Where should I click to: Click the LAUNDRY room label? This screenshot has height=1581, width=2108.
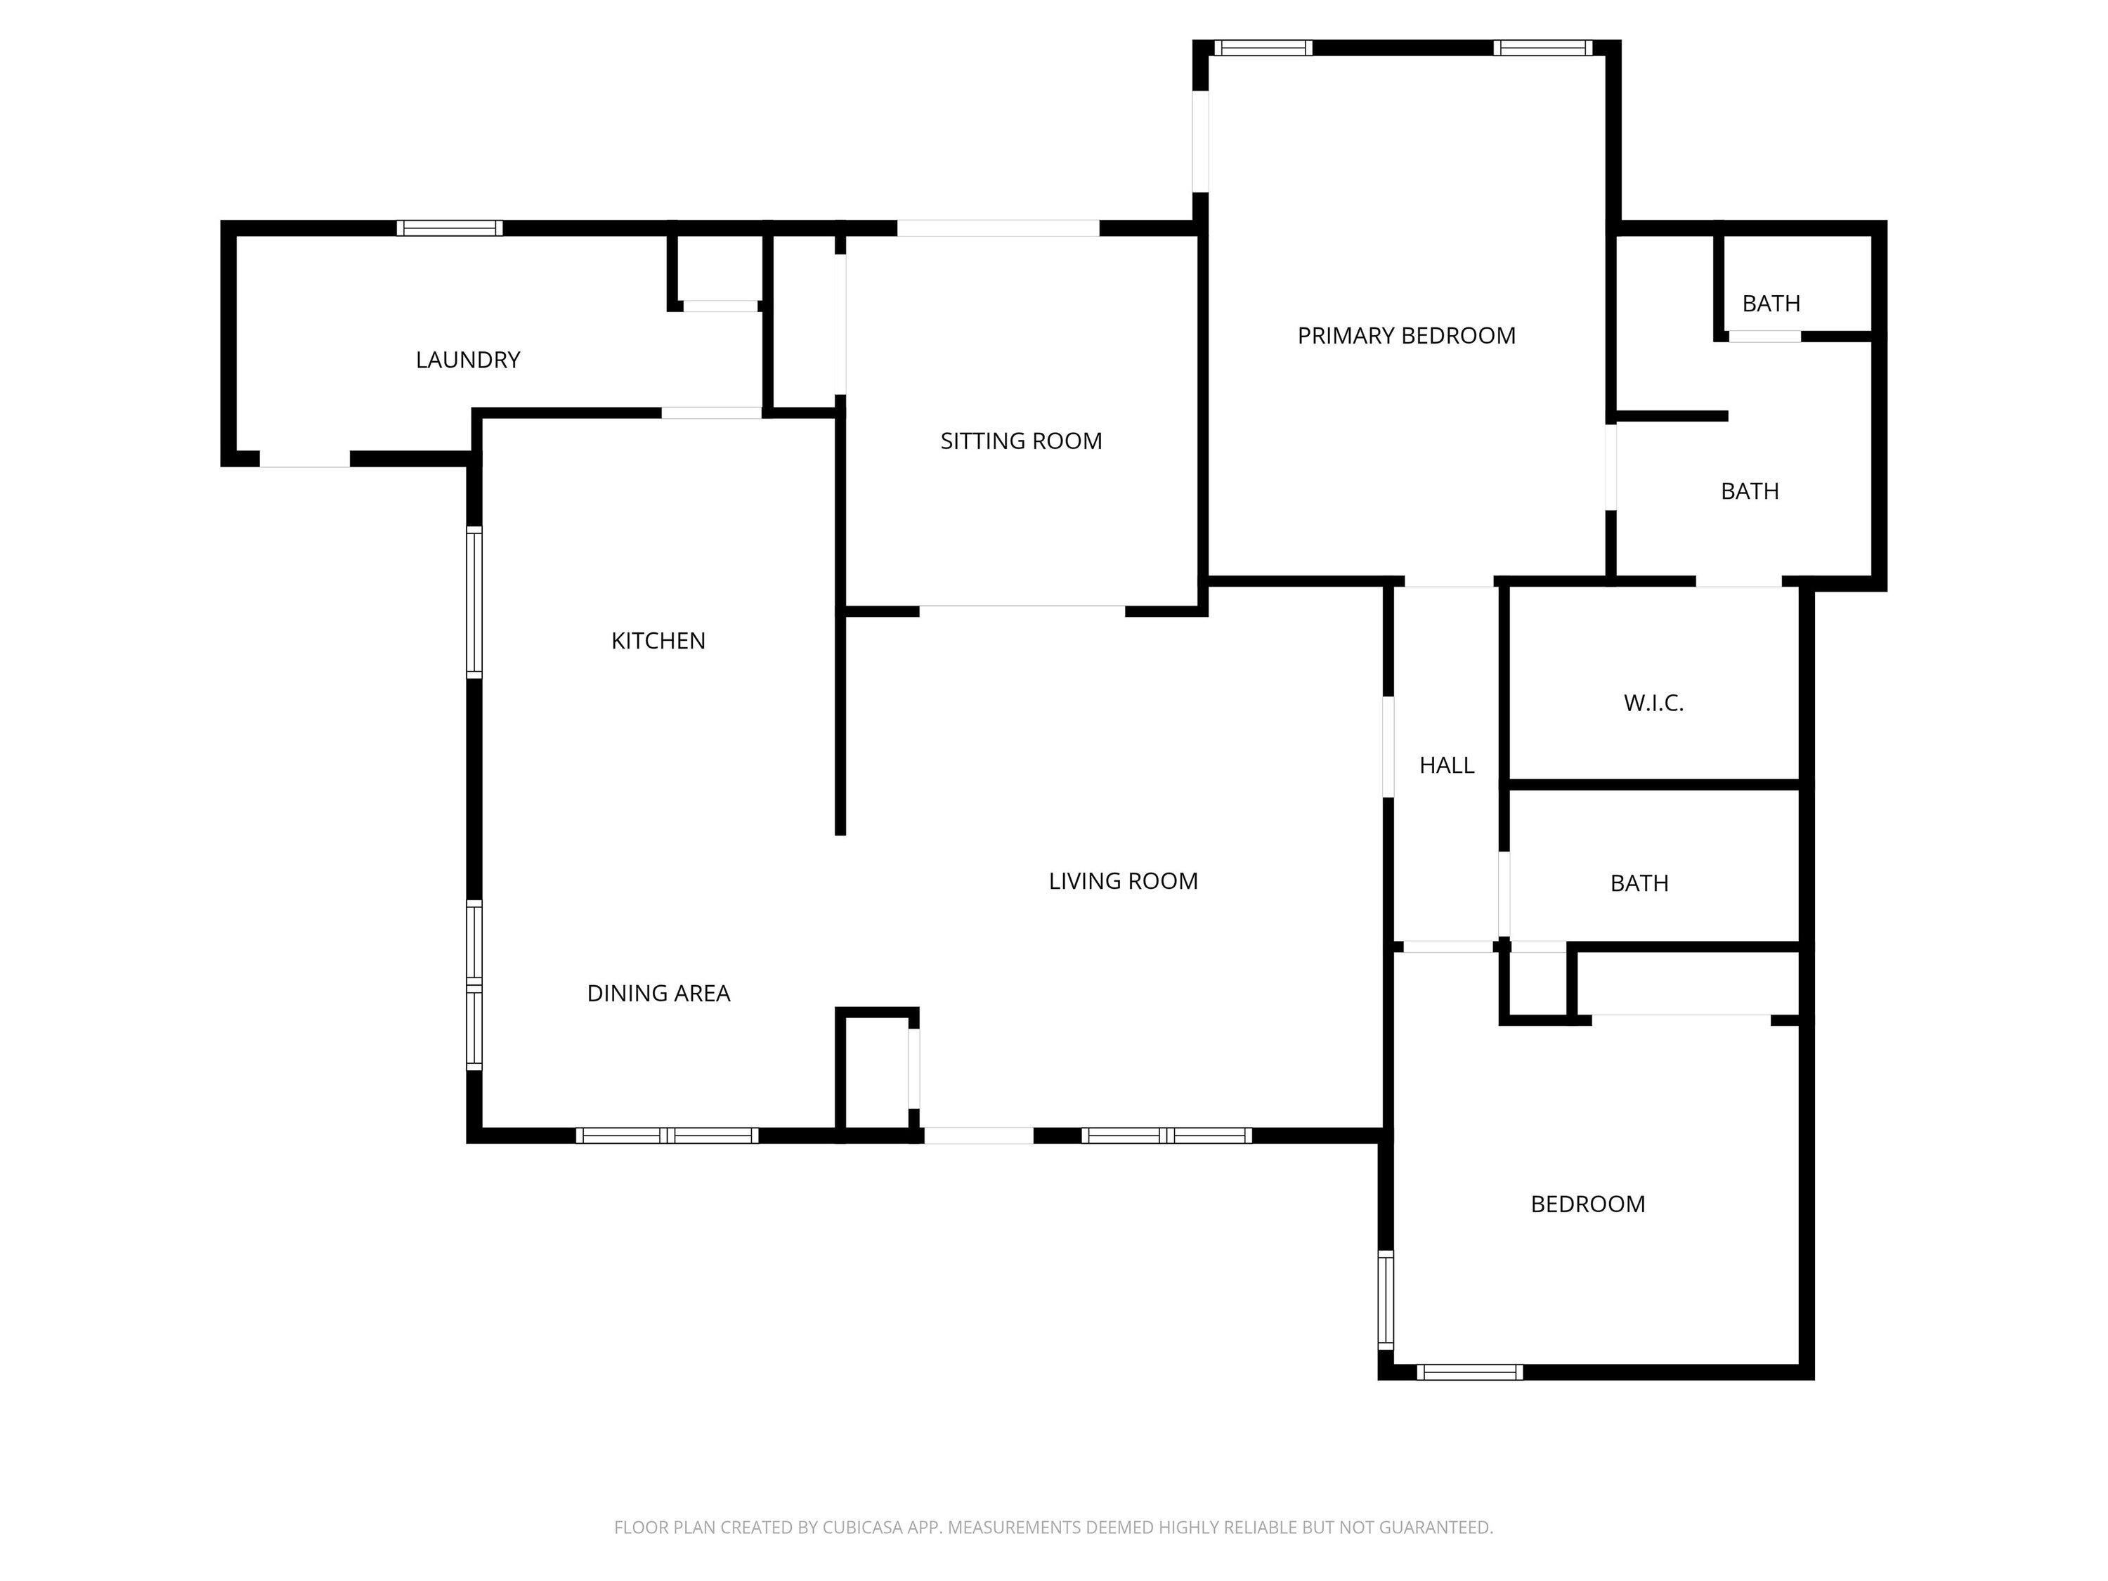pos(468,360)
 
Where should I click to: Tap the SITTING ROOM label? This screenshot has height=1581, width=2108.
pos(1021,441)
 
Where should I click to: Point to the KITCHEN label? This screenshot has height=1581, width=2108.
pos(658,642)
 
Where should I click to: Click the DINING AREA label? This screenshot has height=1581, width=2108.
pos(658,994)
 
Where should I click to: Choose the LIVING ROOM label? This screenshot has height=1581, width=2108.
pos(1124,882)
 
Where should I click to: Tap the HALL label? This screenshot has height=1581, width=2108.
pos(1447,765)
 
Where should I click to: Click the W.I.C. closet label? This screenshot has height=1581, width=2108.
pos(1653,703)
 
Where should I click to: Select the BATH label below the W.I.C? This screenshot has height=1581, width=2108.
pos(1639,883)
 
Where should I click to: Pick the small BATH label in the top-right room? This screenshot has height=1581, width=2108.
pos(1771,304)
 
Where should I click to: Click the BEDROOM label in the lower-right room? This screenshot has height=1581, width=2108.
pos(1587,1204)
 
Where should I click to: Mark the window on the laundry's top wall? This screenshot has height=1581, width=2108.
pos(450,228)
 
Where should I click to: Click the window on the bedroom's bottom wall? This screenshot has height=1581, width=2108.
pos(1469,1372)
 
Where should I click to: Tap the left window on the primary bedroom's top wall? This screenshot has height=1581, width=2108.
pos(1263,48)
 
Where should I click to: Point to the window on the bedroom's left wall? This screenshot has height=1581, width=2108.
pos(1386,1300)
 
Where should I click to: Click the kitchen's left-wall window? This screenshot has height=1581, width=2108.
pos(474,602)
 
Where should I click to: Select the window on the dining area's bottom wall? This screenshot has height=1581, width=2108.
pos(667,1135)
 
